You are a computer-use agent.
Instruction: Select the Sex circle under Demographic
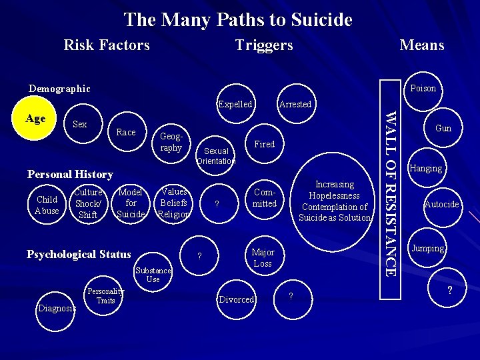coord(80,125)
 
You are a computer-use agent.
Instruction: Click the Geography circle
coord(171,142)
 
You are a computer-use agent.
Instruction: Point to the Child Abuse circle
coord(47,205)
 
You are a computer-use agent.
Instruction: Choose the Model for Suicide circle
coord(131,203)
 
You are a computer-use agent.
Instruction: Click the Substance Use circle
coord(153,275)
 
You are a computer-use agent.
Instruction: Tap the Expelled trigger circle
coord(235,104)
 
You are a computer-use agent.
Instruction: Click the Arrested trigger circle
coord(295,104)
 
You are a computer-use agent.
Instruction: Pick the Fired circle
coord(265,144)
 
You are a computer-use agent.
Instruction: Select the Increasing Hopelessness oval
coord(335,201)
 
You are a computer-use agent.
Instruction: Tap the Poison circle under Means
coord(423,88)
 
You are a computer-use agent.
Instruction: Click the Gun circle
coord(443,128)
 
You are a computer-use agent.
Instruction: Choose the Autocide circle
coord(442,204)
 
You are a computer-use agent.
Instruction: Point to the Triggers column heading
coord(264,45)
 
